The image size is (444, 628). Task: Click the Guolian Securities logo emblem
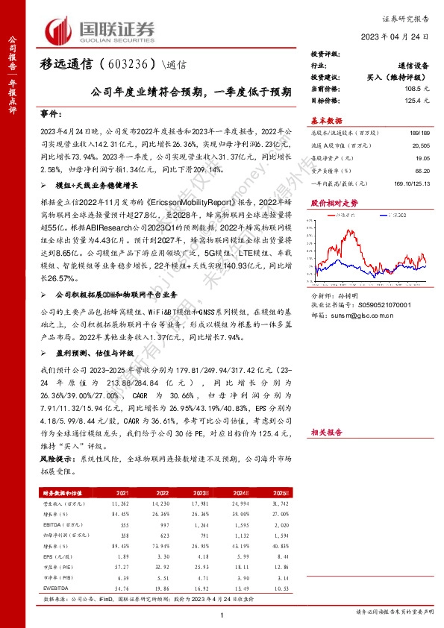point(61,31)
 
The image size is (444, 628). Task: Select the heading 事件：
point(50,114)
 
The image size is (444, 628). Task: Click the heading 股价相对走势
point(334,202)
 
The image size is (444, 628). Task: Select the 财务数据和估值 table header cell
point(61,493)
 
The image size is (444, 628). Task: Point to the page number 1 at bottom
point(222,614)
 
